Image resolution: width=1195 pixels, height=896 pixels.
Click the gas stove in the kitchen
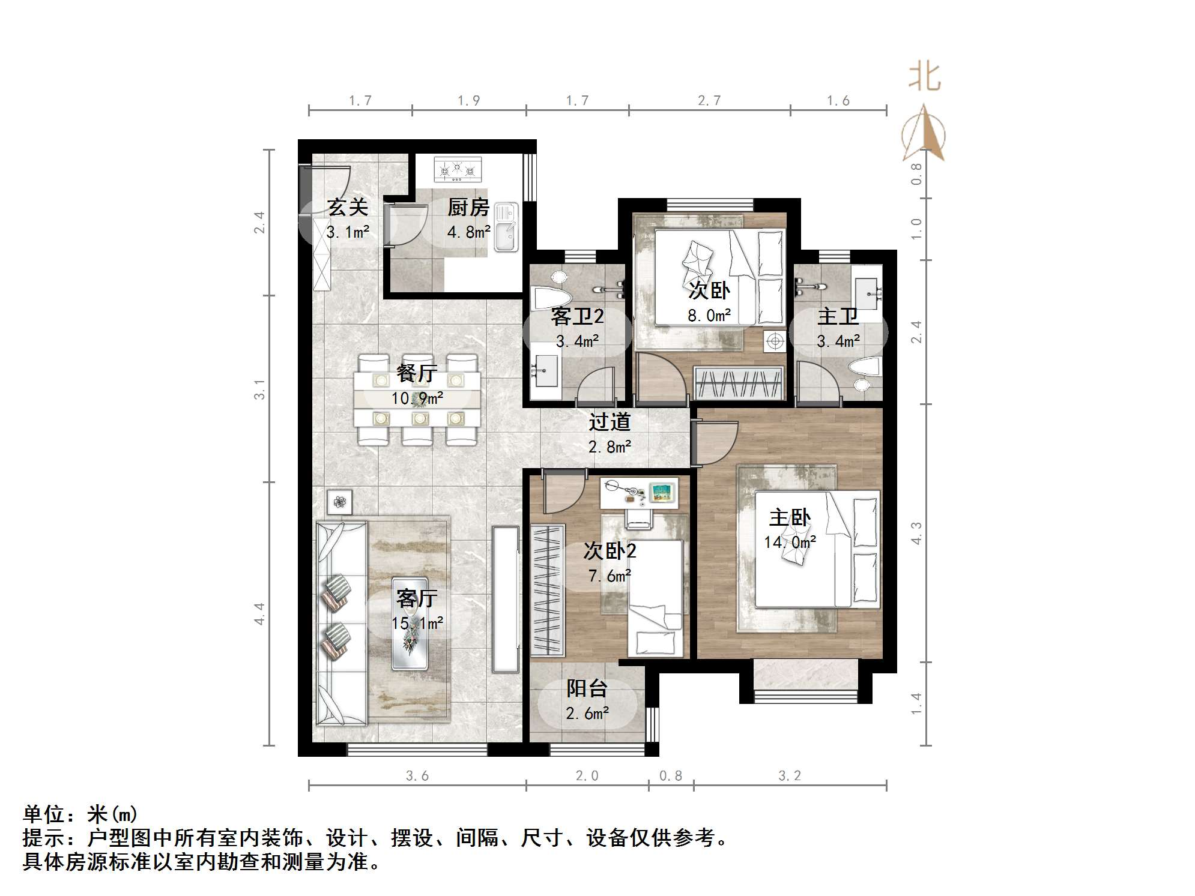point(458,170)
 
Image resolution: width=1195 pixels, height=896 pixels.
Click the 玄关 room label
point(348,208)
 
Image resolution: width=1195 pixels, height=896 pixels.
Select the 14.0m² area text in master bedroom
point(790,543)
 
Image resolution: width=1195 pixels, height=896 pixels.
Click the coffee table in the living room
point(410,624)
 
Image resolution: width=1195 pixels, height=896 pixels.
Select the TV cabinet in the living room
point(505,600)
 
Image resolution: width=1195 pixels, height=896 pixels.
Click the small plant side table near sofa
point(340,501)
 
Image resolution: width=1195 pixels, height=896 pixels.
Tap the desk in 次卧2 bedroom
point(640,493)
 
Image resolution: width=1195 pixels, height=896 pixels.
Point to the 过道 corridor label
point(610,422)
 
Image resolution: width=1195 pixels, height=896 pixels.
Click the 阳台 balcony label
point(587,688)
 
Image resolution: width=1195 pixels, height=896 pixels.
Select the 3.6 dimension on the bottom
point(417,776)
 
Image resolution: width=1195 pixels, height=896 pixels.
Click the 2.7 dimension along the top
point(709,101)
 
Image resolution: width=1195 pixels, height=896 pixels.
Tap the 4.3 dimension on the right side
point(916,533)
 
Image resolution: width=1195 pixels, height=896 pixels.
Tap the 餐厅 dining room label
point(417,373)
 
